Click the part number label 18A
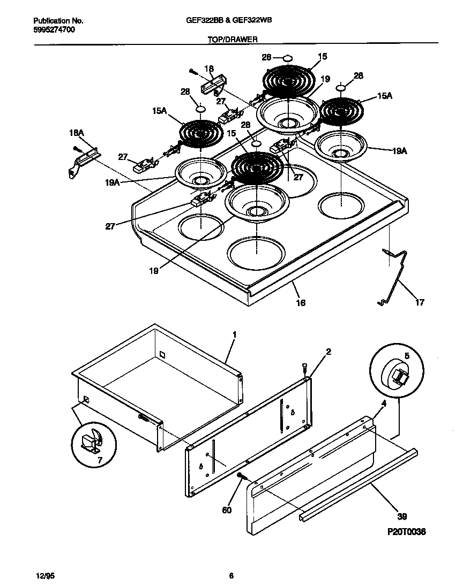pos(77,132)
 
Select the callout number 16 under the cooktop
pos(301,303)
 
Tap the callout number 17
pos(420,302)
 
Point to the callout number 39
pos(402,516)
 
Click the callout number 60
pos(227,510)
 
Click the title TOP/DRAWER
pos(231,40)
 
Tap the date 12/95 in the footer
pos(45,576)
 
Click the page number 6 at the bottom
pos(231,576)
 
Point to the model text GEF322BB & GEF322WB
pos(231,21)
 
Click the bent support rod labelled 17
pos(395,276)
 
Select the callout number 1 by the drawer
pos(234,334)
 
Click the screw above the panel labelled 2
pos(304,368)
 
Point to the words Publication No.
pos(58,21)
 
